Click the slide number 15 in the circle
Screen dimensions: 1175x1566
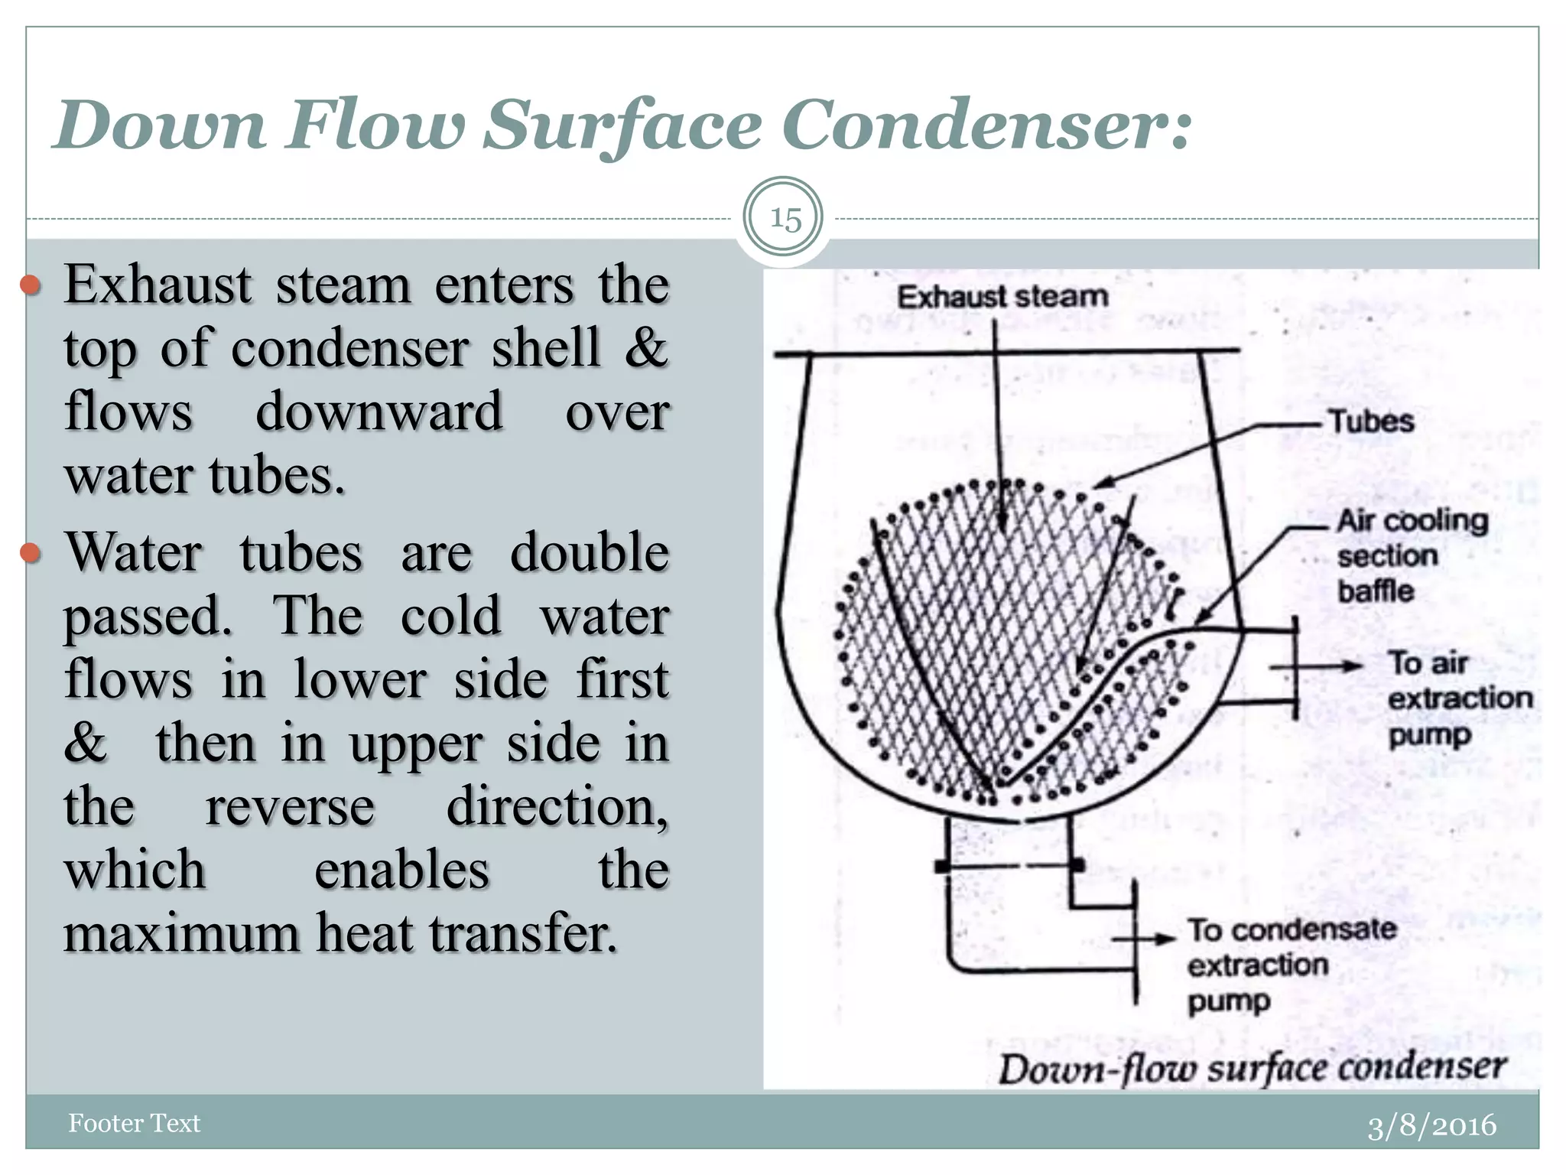[785, 219]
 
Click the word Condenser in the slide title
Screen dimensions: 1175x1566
[986, 125]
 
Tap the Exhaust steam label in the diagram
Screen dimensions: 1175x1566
[1002, 296]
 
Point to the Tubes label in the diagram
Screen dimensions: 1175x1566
[1371, 422]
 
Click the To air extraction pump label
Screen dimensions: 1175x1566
[1459, 698]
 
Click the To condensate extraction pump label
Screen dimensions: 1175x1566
[1291, 965]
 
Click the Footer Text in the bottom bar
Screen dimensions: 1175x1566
[134, 1123]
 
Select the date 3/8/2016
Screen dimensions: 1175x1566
[1431, 1125]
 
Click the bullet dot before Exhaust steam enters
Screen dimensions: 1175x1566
[30, 286]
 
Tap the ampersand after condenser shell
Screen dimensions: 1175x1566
[646, 347]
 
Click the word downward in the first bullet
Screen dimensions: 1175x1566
[379, 412]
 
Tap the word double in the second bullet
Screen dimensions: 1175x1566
[589, 552]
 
